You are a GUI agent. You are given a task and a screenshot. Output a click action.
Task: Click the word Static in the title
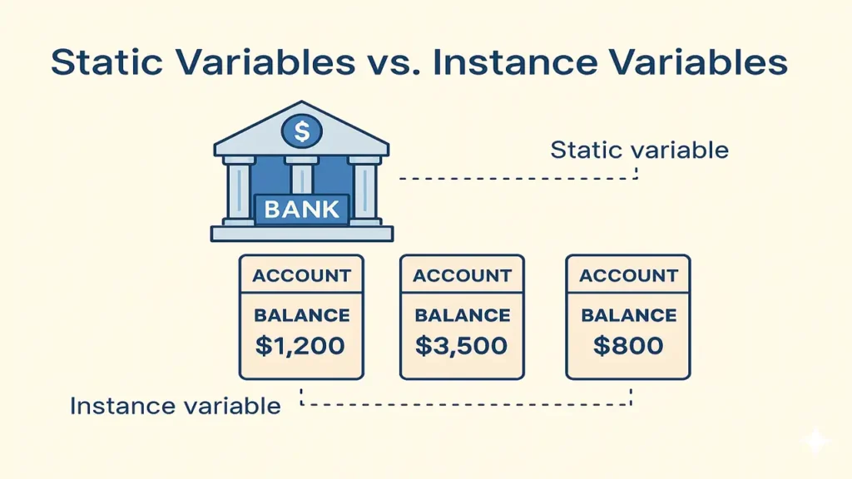pos(106,62)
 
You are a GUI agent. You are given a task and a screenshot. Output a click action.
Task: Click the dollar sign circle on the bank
pos(301,131)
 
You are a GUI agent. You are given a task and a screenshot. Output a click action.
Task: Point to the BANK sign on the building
pos(302,209)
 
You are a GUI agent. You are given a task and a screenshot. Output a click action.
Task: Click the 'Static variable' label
pos(640,150)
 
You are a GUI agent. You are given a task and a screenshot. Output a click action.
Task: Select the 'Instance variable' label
pos(175,406)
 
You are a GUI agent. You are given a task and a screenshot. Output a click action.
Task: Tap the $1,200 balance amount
pos(300,346)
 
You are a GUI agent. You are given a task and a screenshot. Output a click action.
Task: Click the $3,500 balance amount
pos(461,346)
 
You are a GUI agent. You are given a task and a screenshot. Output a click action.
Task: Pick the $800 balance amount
pos(628,346)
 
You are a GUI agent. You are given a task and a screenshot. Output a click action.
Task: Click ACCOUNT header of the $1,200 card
pos(301,275)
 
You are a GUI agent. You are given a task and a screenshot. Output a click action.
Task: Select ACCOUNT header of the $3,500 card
pos(462,275)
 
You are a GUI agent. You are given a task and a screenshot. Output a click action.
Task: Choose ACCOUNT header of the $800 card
pos(628,275)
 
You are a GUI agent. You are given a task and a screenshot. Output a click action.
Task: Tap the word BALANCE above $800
pos(629,315)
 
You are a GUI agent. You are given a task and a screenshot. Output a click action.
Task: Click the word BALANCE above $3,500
pos(463,315)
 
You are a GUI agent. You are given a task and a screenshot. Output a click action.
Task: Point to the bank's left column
pos(239,190)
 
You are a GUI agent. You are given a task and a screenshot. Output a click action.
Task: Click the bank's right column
pos(364,190)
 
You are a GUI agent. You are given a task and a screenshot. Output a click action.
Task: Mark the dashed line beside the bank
pos(519,178)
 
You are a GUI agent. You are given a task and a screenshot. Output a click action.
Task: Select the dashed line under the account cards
pos(466,404)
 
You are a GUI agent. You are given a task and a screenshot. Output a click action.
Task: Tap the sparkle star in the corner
pos(815,442)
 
